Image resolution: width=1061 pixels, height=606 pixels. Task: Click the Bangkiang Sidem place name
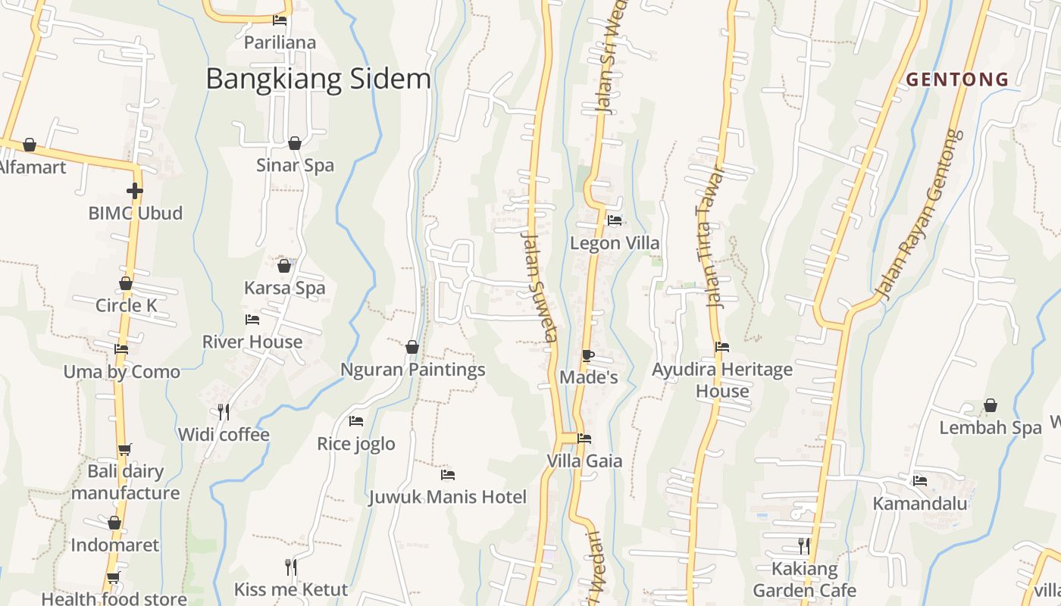pos(318,79)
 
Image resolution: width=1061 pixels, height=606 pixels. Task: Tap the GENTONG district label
pos(957,79)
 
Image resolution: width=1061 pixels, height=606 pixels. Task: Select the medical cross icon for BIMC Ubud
pos(135,191)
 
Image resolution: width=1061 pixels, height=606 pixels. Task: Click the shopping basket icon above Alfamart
pos(30,144)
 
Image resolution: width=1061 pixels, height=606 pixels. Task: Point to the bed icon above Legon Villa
pos(615,220)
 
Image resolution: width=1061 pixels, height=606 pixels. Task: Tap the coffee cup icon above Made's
pos(588,355)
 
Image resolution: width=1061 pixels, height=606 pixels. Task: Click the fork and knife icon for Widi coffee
pos(224,412)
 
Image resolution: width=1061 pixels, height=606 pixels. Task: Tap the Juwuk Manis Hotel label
pos(447,497)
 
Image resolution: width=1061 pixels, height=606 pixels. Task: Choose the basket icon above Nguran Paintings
pos(412,347)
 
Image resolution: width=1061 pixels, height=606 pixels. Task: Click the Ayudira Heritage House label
pos(722,380)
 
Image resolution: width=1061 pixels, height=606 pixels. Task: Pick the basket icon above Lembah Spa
pos(991,405)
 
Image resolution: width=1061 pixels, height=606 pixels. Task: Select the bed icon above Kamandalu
pos(920,480)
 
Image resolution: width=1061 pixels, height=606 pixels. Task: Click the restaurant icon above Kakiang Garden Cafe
pos(804,545)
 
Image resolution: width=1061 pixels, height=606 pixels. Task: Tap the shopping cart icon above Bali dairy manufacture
pos(125,448)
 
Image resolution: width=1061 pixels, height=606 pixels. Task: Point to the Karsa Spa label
pos(284,288)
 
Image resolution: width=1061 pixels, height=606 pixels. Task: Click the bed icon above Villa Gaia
pos(584,438)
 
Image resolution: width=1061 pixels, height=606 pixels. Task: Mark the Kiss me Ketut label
pos(290,589)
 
